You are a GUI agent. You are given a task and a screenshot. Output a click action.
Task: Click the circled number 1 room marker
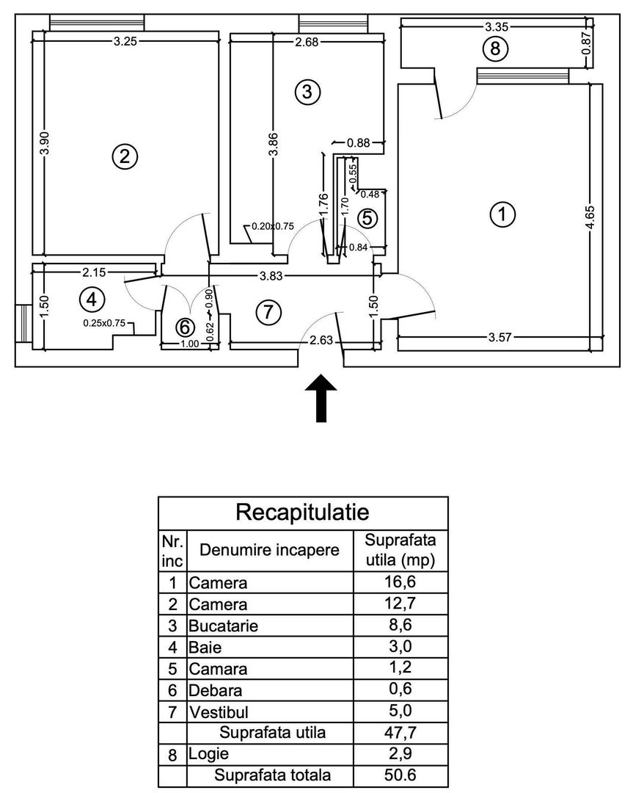click(x=502, y=215)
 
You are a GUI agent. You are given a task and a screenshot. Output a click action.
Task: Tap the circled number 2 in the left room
click(x=125, y=156)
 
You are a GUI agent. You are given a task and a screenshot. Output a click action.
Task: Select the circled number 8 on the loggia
click(x=495, y=49)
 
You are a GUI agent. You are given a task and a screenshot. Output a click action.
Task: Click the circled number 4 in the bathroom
click(x=92, y=300)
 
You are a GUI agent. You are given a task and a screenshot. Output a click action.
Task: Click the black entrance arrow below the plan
click(x=321, y=399)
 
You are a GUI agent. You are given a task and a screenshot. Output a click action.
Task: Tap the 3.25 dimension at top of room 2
click(x=124, y=41)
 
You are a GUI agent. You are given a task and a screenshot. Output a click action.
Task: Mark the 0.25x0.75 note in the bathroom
click(x=104, y=322)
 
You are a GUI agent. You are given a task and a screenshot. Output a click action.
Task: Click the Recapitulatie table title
click(x=302, y=510)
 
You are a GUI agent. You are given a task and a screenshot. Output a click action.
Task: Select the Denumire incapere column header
click(x=269, y=550)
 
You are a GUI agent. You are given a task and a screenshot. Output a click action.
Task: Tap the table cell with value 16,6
click(x=400, y=583)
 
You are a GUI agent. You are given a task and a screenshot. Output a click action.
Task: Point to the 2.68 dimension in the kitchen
click(x=307, y=41)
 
